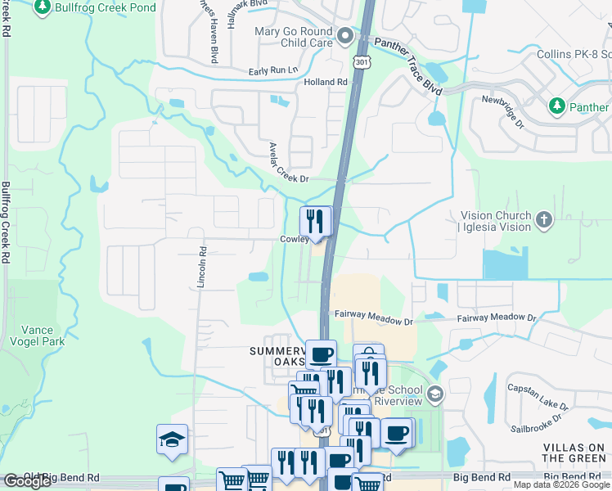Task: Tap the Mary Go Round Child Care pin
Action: point(345,36)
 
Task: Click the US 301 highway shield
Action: point(362,61)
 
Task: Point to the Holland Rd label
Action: point(326,82)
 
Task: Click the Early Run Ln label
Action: point(274,70)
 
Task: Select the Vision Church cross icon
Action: point(544,218)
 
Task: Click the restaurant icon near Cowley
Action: point(315,220)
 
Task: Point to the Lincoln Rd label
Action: point(201,266)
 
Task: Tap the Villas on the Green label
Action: point(575,453)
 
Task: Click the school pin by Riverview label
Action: point(435,394)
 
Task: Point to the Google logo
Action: point(27,480)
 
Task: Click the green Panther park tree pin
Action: point(557,106)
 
